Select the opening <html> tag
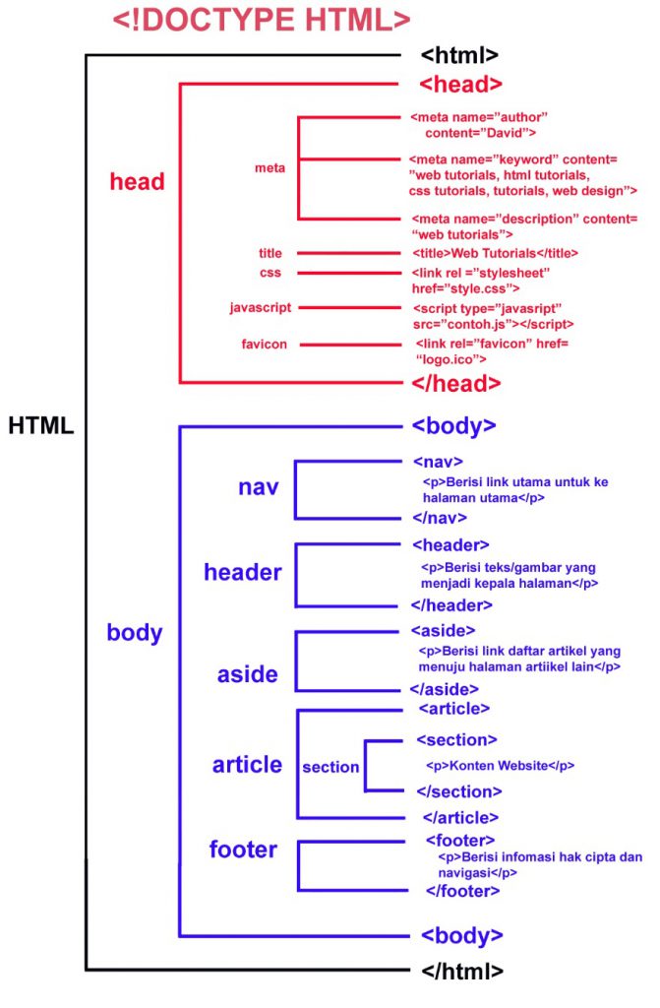point(459,55)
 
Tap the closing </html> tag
point(462,970)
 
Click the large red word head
point(138,182)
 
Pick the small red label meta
point(270,168)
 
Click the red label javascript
point(260,308)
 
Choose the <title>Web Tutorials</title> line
point(495,253)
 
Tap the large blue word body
point(135,632)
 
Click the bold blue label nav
point(259,487)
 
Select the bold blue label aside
point(247,674)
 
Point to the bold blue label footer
point(243,849)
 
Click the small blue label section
point(330,767)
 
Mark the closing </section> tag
point(459,791)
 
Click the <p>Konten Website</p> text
point(500,765)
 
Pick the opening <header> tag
point(450,545)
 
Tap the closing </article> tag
point(461,817)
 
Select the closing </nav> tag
point(440,518)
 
